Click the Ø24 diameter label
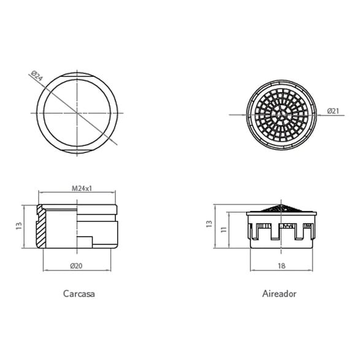coord(37,75)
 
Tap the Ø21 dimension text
coord(333,111)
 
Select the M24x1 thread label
coord(82,188)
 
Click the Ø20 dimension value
coord(76,266)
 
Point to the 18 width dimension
coord(282,266)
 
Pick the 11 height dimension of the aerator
coord(223,229)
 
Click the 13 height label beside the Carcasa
coord(18,226)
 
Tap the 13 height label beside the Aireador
coord(209,224)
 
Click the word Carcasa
coord(79,294)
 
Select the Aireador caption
coord(279,294)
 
